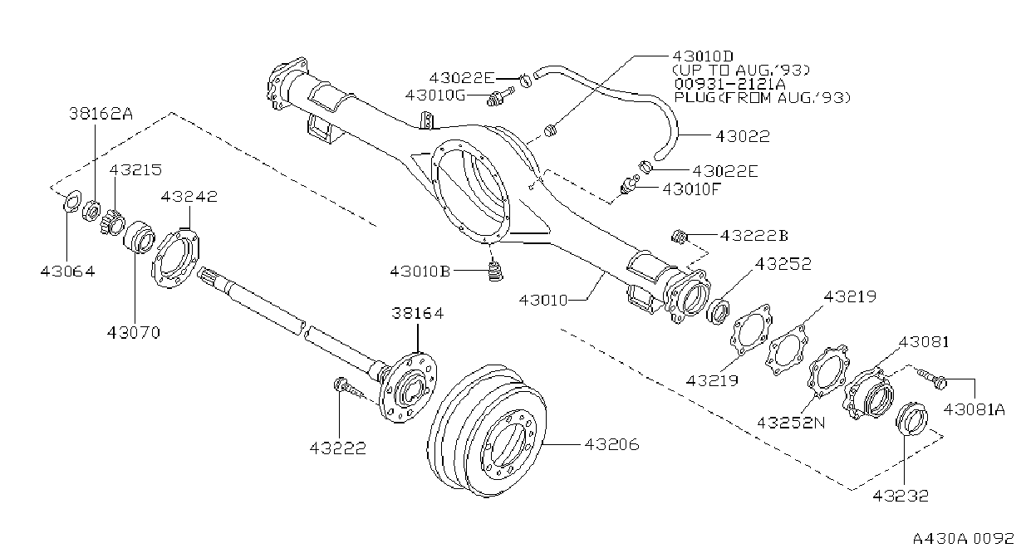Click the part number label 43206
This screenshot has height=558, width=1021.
tap(611, 444)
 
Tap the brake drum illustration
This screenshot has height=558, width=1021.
tap(487, 430)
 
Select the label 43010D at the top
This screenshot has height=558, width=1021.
tap(704, 56)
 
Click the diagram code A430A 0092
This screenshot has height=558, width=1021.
tap(964, 538)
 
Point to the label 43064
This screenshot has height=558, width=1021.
tap(67, 272)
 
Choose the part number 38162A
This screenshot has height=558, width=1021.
tap(101, 113)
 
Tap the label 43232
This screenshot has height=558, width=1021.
tap(901, 495)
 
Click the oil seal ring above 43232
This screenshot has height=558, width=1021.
tap(911, 418)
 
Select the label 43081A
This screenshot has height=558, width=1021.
tap(974, 409)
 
